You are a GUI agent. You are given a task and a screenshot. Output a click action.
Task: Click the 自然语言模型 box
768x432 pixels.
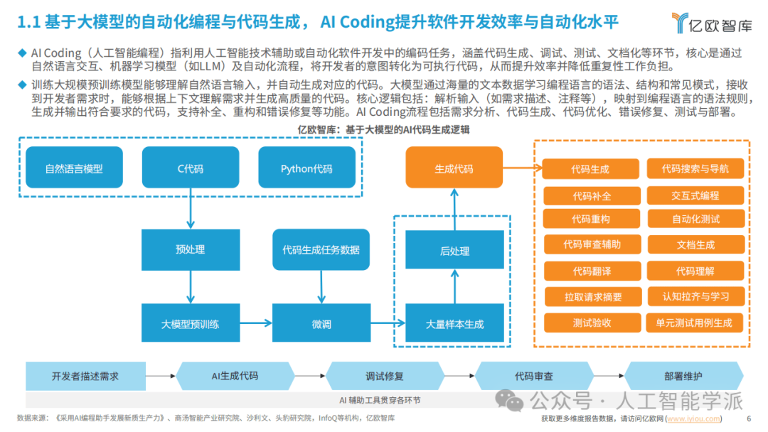click(x=74, y=168)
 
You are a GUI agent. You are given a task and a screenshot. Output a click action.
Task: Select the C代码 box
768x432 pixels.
click(x=190, y=168)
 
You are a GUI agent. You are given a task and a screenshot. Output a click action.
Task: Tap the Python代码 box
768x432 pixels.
click(x=306, y=168)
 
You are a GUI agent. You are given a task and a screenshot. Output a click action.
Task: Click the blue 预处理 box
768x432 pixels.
click(x=190, y=249)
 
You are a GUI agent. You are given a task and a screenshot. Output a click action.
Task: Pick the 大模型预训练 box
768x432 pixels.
click(x=190, y=324)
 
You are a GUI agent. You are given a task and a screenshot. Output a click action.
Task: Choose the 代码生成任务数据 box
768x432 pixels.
click(x=321, y=249)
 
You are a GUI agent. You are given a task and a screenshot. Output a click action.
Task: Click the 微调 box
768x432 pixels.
click(x=321, y=324)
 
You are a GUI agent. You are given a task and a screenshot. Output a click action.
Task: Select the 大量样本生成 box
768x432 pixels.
click(x=454, y=324)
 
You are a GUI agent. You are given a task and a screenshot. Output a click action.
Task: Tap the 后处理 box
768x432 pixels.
click(x=454, y=251)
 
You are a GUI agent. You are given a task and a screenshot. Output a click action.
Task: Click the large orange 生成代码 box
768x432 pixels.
click(x=454, y=168)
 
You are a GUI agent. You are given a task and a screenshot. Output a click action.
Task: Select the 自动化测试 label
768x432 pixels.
click(x=695, y=219)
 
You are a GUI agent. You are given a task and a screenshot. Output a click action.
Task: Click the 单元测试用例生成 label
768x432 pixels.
click(x=695, y=322)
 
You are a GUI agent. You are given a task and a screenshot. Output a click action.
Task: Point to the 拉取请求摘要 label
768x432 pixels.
click(x=593, y=297)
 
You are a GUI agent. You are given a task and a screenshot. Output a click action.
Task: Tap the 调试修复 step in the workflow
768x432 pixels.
click(x=384, y=375)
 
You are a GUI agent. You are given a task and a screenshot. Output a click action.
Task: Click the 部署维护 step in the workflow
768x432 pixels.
click(x=683, y=375)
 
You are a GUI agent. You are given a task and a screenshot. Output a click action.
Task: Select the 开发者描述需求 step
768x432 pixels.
click(x=85, y=375)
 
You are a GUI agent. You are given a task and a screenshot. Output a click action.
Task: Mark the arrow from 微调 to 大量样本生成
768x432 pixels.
click(x=388, y=324)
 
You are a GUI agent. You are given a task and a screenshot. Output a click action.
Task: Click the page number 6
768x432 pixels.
click(x=749, y=418)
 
